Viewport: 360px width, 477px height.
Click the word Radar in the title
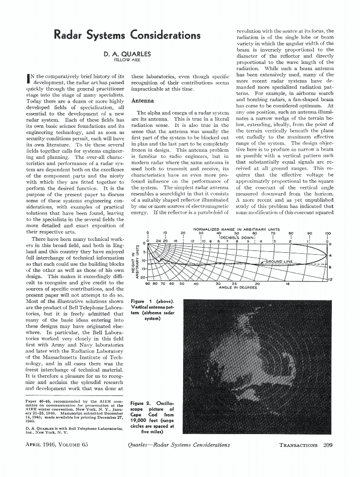click(71, 35)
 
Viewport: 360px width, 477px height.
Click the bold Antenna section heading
click(142, 101)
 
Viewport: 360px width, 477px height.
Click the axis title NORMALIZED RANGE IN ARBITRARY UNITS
click(236, 229)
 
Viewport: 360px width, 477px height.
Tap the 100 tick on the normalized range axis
click(327, 234)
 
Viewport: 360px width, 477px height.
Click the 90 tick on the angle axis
click(148, 283)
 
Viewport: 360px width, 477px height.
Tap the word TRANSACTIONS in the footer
click(298, 445)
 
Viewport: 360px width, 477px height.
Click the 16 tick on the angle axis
click(287, 283)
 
